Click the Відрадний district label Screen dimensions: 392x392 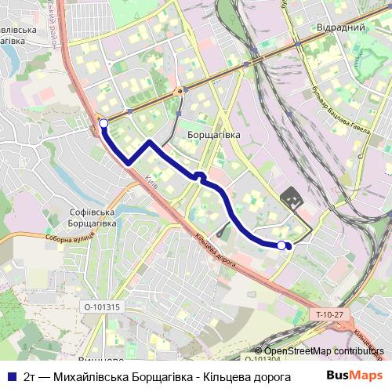coord(341,27)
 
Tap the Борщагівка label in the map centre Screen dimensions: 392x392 coord(214,135)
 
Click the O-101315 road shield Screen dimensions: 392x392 coord(102,307)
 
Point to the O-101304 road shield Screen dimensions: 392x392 coord(262,359)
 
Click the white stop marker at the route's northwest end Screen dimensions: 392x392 coord(103,122)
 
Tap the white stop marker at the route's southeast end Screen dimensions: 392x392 coord(281,245)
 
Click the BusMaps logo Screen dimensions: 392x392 coord(350,375)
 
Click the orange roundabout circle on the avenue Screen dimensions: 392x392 coord(180,91)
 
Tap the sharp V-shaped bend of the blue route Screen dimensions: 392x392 coord(128,162)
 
